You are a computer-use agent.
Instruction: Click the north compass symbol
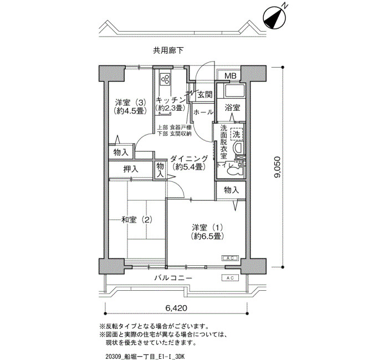pyautogui.click(x=274, y=18)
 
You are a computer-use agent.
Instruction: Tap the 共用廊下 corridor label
pyautogui.click(x=169, y=50)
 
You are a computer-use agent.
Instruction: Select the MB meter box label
pyautogui.click(x=231, y=76)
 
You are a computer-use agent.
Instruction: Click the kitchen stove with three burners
pyautogui.click(x=165, y=79)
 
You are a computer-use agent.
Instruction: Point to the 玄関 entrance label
pyautogui.click(x=205, y=95)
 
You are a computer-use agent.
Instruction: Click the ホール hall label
pyautogui.click(x=203, y=112)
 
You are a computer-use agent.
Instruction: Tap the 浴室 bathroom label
pyautogui.click(x=232, y=107)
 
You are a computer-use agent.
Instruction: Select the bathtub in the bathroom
pyautogui.click(x=234, y=90)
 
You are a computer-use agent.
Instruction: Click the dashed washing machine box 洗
pyautogui.click(x=236, y=134)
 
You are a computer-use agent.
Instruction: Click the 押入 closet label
pyautogui.click(x=131, y=169)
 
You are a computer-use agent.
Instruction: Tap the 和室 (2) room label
pyautogui.click(x=136, y=219)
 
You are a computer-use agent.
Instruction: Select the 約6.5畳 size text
pyautogui.click(x=208, y=236)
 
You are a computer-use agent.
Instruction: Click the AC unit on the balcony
pyautogui.click(x=230, y=278)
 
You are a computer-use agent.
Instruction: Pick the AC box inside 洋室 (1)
pyautogui.click(x=230, y=258)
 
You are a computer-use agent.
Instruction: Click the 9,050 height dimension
pyautogui.click(x=277, y=167)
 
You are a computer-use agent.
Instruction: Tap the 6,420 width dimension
pyautogui.click(x=176, y=308)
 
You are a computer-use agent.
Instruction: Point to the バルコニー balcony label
pyautogui.click(x=173, y=278)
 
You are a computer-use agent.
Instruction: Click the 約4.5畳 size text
pyautogui.click(x=129, y=111)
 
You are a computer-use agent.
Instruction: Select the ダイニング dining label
pyautogui.click(x=189, y=158)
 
